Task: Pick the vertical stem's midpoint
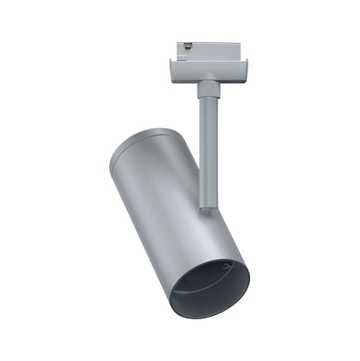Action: click(x=207, y=147)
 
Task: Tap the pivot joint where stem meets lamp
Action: click(x=204, y=208)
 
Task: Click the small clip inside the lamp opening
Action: click(x=227, y=266)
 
